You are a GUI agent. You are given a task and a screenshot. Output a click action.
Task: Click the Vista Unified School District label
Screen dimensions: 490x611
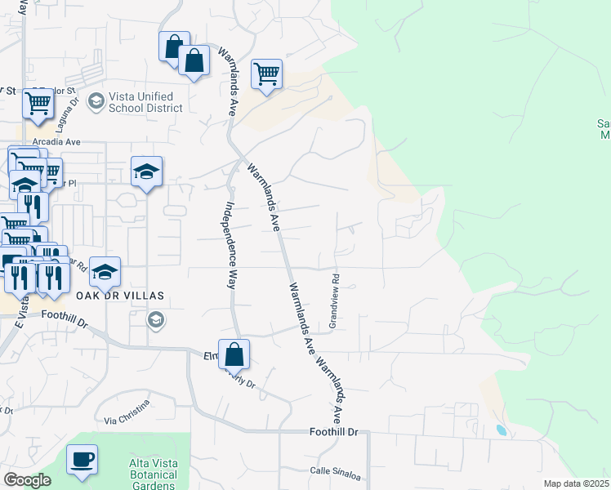[143, 103]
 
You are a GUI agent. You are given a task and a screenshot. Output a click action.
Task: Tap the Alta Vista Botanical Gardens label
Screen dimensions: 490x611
[153, 474]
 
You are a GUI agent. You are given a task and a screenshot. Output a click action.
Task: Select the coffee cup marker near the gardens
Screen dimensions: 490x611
[82, 459]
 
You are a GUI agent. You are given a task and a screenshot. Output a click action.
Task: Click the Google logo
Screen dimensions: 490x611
[27, 480]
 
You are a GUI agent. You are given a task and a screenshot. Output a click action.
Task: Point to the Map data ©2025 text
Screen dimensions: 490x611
[576, 483]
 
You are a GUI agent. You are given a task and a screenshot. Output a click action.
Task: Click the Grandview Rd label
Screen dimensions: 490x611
[333, 301]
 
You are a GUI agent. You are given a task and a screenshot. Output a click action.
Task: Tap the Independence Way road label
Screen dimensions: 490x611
[230, 245]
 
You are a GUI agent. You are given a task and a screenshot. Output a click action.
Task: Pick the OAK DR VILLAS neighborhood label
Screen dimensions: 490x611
[122, 295]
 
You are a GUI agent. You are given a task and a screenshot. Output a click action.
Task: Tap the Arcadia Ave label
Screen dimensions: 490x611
[56, 141]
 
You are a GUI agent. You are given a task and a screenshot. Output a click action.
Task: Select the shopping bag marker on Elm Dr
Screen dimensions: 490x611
[234, 354]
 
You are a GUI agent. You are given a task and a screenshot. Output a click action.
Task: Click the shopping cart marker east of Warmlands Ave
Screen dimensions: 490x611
[267, 74]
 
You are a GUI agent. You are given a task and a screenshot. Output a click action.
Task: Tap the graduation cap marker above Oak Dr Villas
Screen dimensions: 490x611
[147, 171]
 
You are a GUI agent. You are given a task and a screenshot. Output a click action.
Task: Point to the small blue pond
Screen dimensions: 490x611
[500, 430]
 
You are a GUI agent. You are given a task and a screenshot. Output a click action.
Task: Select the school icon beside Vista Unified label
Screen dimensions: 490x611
[96, 100]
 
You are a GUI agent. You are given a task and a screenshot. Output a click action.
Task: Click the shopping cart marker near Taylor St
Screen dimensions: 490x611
[38, 104]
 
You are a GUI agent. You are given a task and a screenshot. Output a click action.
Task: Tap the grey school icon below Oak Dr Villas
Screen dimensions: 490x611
[155, 320]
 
